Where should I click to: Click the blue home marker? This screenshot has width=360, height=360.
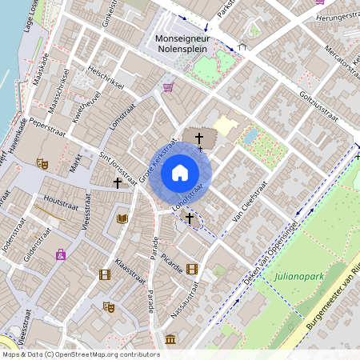(180, 173)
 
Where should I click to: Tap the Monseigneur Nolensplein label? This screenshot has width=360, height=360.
(188, 45)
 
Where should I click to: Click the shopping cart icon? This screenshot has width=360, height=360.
(168, 87)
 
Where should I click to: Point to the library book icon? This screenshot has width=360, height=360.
(122, 218)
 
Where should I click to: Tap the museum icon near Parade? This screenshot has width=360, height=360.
(170, 339)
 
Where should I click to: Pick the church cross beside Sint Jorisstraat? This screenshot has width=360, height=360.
(118, 183)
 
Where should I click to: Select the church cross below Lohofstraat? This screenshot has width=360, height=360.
(190, 217)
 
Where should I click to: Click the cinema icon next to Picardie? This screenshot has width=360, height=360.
(191, 269)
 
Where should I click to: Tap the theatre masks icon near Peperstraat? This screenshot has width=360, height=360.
(42, 163)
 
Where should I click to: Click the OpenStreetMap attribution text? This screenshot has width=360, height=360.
(80, 354)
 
